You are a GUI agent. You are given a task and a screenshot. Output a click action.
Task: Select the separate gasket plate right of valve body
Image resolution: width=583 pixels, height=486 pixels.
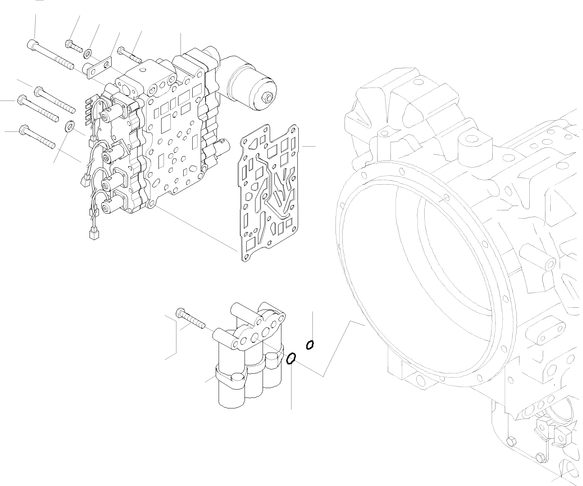(x=269, y=191)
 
